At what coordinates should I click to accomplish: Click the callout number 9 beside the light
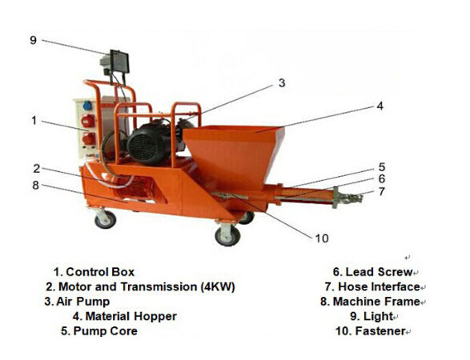pyautogui.click(x=33, y=40)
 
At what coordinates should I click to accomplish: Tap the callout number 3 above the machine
pyautogui.click(x=282, y=83)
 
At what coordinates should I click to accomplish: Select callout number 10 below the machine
pyautogui.click(x=322, y=238)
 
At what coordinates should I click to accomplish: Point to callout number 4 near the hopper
pyautogui.click(x=380, y=106)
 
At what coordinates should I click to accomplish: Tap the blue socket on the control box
pyautogui.click(x=87, y=106)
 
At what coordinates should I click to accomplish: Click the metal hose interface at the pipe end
pyautogui.click(x=347, y=197)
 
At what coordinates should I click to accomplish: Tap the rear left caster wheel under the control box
pyautogui.click(x=105, y=219)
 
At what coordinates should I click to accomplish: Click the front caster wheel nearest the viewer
pyautogui.click(x=228, y=235)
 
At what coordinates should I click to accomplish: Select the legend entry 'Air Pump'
pyautogui.click(x=77, y=302)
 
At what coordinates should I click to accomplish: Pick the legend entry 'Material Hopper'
pyautogui.click(x=125, y=316)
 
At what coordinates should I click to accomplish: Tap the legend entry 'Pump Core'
pyautogui.click(x=99, y=331)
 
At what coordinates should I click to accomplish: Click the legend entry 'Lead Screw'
pyautogui.click(x=373, y=272)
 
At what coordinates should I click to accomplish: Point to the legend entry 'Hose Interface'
pyautogui.click(x=372, y=286)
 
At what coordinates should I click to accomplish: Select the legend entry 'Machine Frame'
pyautogui.click(x=370, y=302)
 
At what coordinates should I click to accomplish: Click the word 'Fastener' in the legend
pyautogui.click(x=380, y=331)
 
